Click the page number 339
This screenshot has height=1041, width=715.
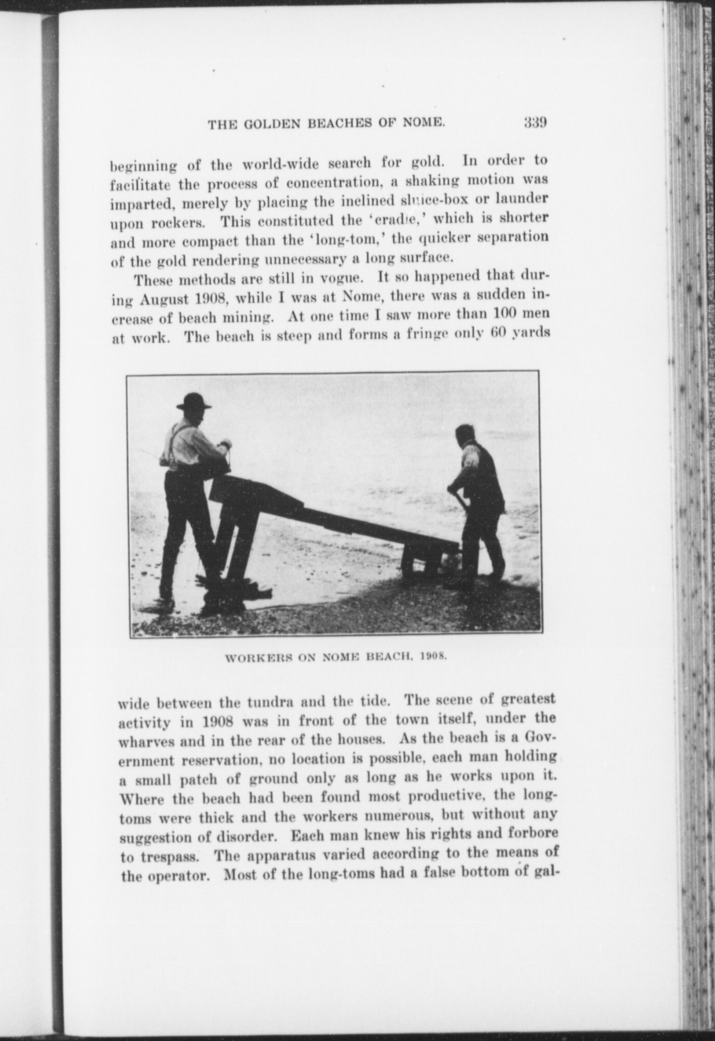[535, 123]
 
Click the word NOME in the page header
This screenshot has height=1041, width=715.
[424, 124]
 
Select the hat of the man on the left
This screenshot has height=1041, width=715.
[193, 401]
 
